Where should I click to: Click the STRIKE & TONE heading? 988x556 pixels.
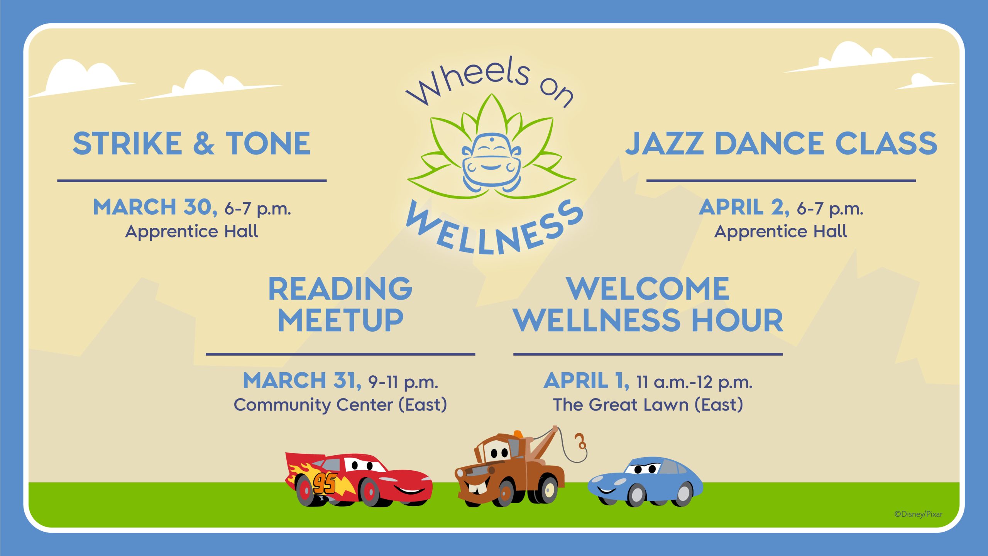(x=191, y=143)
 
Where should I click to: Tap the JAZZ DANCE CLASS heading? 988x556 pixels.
(x=781, y=143)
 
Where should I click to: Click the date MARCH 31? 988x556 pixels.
(x=302, y=381)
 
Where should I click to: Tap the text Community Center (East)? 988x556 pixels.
(x=340, y=405)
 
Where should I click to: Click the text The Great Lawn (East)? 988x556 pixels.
(x=648, y=405)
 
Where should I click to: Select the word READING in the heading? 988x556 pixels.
(x=340, y=289)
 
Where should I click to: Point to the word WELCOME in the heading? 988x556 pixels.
(x=648, y=289)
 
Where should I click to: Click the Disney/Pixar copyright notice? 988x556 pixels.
(x=918, y=514)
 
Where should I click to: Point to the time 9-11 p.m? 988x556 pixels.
(x=403, y=382)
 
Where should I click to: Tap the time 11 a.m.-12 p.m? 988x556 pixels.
(x=694, y=382)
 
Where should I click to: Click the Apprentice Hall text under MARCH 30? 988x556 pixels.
(x=192, y=231)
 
